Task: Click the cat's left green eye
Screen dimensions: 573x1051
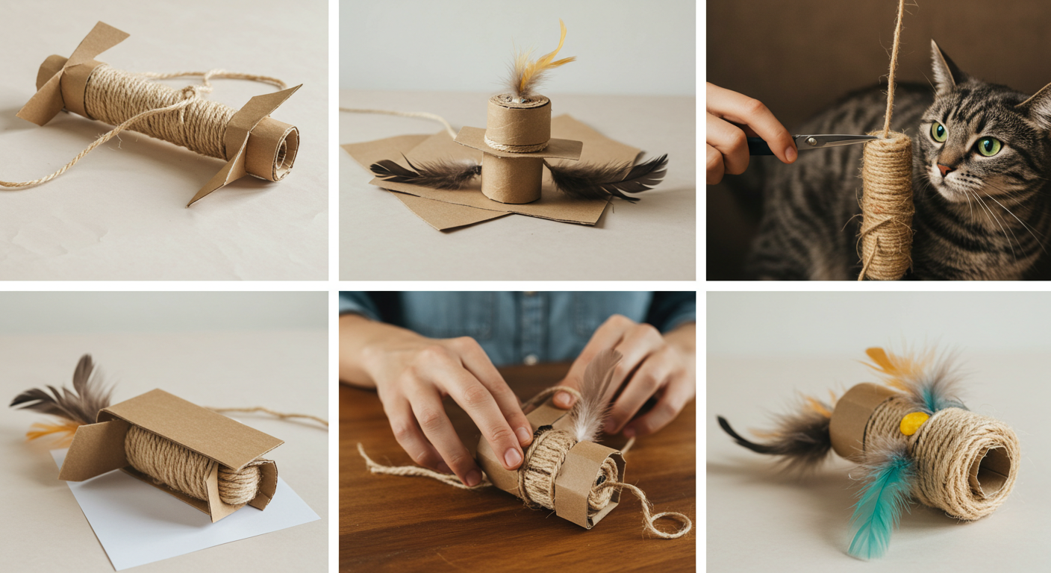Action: [939, 131]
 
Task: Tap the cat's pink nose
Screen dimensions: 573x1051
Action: [946, 169]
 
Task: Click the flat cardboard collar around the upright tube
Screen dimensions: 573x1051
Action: [519, 145]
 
